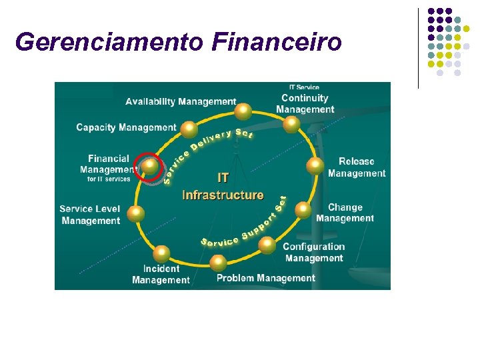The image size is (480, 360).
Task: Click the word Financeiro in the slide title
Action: (x=277, y=42)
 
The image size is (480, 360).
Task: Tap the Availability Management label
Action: (x=181, y=102)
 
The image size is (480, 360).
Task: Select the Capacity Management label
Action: (x=126, y=127)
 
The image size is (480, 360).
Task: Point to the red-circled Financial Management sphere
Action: (x=151, y=165)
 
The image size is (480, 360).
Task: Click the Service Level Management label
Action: (x=90, y=215)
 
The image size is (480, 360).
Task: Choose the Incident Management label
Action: (x=161, y=275)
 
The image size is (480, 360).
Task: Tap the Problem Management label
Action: (x=265, y=278)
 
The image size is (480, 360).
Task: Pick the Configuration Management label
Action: (x=314, y=253)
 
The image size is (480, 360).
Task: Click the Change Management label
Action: (x=345, y=213)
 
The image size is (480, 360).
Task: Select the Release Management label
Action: (x=356, y=167)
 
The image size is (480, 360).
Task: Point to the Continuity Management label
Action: (x=305, y=104)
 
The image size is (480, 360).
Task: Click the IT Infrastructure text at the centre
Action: (x=223, y=187)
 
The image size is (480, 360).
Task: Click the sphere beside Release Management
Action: (x=315, y=165)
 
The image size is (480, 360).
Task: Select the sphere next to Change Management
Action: (x=303, y=210)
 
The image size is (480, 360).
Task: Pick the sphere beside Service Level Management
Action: (x=135, y=213)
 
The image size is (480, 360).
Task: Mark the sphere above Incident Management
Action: (x=161, y=253)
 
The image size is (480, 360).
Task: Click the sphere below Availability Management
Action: (x=244, y=111)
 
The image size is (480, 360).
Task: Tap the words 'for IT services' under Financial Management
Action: (x=109, y=179)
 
